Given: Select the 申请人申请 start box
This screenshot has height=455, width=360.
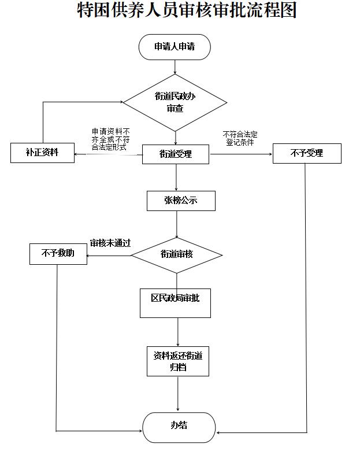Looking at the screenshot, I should coord(175,47).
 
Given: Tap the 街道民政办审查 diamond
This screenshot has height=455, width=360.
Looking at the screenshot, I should coord(175,102).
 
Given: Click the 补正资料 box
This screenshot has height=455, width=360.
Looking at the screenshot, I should coord(42,153).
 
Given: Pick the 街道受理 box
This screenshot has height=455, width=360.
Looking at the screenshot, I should coord(176,154).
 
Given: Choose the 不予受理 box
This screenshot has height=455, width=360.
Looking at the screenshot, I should coord(307,153).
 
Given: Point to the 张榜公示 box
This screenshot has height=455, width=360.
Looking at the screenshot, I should coord(181,201).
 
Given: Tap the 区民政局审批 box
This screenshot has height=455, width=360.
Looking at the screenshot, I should coord(175,302).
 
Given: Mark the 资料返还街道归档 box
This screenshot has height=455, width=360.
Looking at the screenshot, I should coord(178,361).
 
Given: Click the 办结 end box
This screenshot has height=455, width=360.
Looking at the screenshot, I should coord(179,427).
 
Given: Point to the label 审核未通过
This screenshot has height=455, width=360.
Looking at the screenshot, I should coord(110,243).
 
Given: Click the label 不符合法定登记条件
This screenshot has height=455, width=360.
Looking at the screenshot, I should coord(240,138).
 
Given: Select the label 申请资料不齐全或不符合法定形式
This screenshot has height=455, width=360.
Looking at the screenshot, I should coord(110,139).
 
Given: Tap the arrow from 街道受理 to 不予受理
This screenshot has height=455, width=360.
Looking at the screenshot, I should coord(240,154).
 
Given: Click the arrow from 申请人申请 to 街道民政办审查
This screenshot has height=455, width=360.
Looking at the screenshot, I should coord(175,66).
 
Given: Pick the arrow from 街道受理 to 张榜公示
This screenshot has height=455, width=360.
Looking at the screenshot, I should coord(176,177).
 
